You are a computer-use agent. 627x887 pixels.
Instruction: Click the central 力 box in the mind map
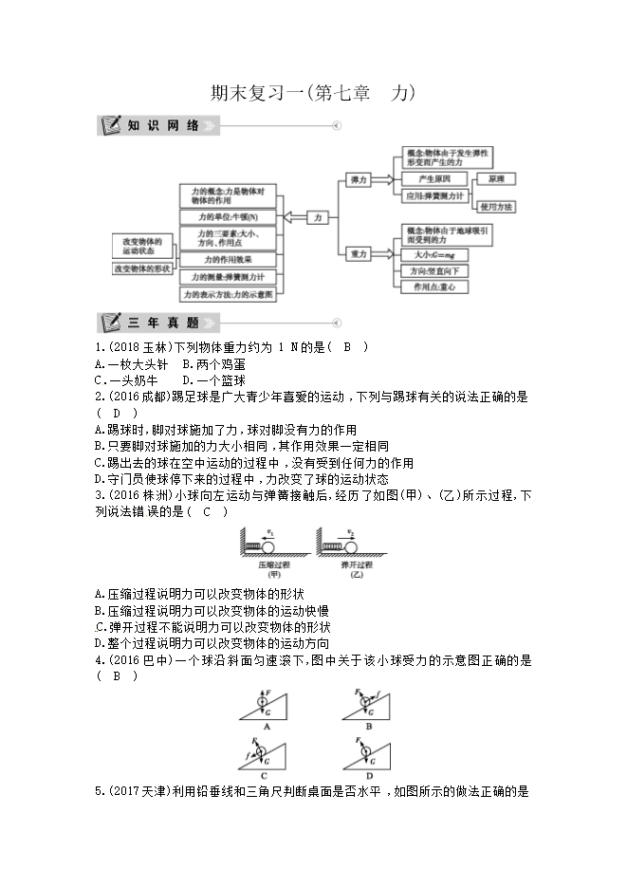pyautogui.click(x=318, y=217)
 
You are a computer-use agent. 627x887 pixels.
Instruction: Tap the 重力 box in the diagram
pyautogui.click(x=359, y=254)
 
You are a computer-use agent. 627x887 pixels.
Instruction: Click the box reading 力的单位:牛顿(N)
pyautogui.click(x=227, y=217)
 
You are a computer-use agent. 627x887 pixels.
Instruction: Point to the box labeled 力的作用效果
pyautogui.click(x=227, y=258)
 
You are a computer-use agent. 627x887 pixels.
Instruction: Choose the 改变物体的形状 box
pyautogui.click(x=141, y=268)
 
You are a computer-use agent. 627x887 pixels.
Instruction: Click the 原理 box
pyautogui.click(x=495, y=178)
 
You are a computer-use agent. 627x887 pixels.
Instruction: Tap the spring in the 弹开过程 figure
pyautogui.click(x=335, y=547)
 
